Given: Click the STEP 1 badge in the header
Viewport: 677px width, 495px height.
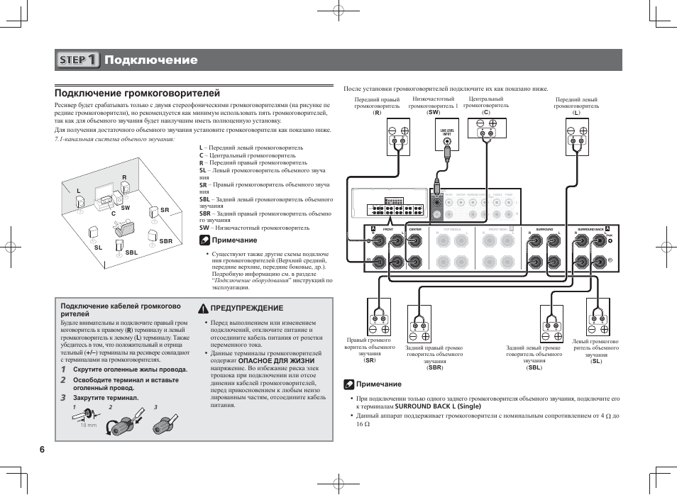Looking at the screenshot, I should [x=79, y=60].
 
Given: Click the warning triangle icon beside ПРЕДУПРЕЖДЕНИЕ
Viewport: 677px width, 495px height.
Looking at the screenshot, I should [x=203, y=308].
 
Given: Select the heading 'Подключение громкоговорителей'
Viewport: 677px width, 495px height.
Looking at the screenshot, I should [x=138, y=93].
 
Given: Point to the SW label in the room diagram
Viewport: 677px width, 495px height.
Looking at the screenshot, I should [x=125, y=208].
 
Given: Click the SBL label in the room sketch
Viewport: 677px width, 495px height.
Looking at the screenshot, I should [x=131, y=252].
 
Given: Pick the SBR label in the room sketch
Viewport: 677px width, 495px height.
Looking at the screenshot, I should [x=165, y=241].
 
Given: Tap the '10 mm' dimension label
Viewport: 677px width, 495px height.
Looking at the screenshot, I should [x=87, y=425].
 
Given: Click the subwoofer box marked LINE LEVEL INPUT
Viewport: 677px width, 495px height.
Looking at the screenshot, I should [x=447, y=135].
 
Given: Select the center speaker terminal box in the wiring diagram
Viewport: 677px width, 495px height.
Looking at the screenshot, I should [x=486, y=131].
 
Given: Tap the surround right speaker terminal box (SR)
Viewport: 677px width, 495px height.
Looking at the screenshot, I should [x=379, y=316].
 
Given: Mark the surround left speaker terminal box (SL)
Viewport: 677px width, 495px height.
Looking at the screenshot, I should [x=596, y=316].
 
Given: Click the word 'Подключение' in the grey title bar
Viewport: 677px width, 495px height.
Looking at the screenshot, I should [x=150, y=60].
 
